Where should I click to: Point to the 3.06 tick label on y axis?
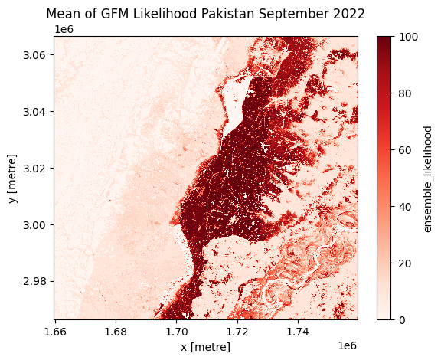tap(34, 55)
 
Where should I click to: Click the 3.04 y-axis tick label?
tap(34, 112)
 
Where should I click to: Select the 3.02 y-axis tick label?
tap(34, 169)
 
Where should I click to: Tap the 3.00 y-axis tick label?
tap(34, 225)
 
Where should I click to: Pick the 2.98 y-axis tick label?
tap(34, 281)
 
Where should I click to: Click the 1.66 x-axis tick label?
tap(55, 332)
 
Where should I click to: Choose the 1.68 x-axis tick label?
tap(116, 332)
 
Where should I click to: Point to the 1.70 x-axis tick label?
tap(177, 332)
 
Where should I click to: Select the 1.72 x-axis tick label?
tap(237, 332)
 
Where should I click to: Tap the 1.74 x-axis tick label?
tap(298, 332)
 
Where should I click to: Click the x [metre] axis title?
tap(206, 347)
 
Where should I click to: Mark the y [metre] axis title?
tap(13, 178)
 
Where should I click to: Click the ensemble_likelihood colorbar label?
tap(427, 179)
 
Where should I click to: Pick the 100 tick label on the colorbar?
tap(408, 38)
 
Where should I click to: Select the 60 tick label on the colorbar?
tap(405, 150)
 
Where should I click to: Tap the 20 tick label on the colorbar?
tap(405, 263)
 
